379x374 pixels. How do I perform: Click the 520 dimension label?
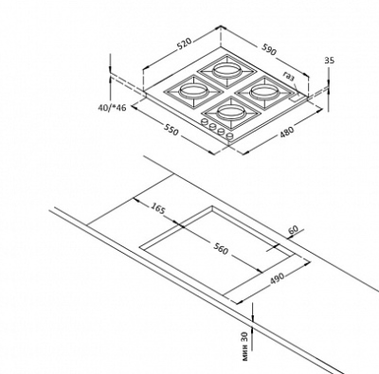point(185,45)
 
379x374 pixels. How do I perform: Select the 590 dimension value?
point(269,49)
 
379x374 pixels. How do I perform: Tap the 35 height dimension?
point(329,61)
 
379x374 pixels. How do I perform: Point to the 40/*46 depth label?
point(112,108)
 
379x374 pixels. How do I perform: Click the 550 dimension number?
point(171,130)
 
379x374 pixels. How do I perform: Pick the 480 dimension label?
point(287,133)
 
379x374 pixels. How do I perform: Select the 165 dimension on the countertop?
point(157,208)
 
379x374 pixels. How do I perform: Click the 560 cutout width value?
point(220,248)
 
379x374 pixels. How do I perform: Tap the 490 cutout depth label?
point(278,278)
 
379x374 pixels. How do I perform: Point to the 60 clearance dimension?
point(293,231)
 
